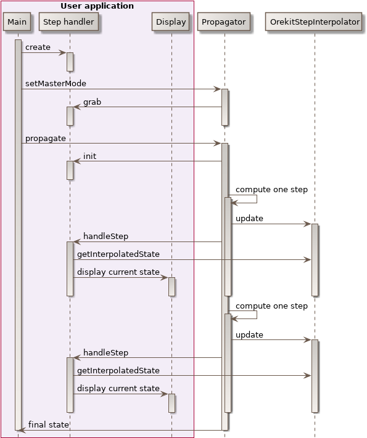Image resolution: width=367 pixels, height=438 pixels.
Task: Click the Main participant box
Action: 17,22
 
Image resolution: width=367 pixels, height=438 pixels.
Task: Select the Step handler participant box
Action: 69,22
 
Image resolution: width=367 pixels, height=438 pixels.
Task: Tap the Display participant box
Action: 171,22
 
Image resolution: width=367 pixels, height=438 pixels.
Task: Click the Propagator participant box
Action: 224,22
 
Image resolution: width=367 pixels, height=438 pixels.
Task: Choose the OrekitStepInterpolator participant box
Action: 315,22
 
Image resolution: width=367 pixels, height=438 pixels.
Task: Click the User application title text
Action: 97,6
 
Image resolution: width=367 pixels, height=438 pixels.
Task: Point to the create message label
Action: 38,47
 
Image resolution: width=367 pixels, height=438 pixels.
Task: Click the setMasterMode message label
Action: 56,83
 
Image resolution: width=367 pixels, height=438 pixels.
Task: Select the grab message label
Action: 93,102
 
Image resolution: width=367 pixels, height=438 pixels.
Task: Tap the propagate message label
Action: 46,138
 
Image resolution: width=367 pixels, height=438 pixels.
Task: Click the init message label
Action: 89,156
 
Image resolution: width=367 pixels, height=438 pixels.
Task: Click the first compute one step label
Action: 271,190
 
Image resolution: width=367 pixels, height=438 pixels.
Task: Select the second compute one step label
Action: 271,306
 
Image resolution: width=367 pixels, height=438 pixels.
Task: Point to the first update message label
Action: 249,219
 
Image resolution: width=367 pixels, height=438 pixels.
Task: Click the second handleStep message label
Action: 105,353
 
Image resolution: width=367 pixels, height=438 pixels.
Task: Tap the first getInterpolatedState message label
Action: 118,254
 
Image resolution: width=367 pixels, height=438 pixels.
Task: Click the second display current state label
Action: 118,388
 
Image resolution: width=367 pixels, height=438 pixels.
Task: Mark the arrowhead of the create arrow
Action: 63,53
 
